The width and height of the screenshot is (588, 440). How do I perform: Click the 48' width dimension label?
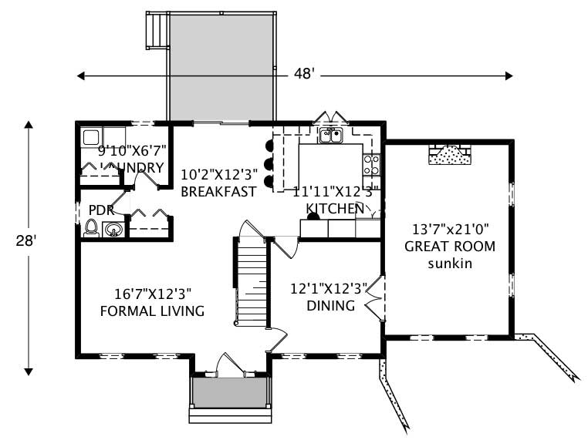[x=302, y=75]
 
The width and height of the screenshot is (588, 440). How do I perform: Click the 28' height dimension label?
[x=29, y=240]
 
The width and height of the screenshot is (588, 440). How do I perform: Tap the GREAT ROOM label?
[x=450, y=247]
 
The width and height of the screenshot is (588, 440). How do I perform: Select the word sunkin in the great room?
[x=451, y=264]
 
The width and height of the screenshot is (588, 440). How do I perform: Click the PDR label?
[x=101, y=210]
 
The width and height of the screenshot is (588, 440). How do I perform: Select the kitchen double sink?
[x=331, y=136]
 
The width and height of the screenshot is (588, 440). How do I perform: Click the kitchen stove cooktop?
[x=371, y=164]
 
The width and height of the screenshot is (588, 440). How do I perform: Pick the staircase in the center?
[x=251, y=281]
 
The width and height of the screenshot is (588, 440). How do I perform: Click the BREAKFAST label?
[x=218, y=192]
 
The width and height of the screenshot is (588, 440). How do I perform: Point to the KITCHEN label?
[x=335, y=209]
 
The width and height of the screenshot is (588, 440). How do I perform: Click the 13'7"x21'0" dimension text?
[x=451, y=229]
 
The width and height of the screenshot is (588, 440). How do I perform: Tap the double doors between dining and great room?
[x=373, y=299]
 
